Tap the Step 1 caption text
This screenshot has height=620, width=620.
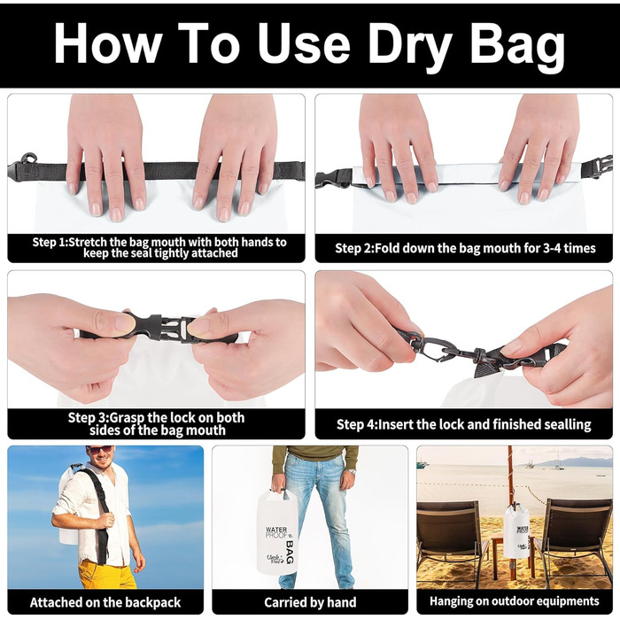159,247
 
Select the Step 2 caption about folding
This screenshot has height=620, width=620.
465,248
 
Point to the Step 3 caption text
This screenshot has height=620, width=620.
157,423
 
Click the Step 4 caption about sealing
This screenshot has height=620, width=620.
463,424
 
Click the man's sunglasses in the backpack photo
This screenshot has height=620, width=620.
99,450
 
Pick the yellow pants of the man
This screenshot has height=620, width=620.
107,575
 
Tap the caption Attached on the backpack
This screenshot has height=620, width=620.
105,602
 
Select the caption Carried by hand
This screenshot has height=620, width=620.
310,602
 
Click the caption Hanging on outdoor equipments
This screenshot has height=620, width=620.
515,601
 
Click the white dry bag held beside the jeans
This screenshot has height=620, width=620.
276,531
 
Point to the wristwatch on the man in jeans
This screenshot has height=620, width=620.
352,471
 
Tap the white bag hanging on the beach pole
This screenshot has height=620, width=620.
516,531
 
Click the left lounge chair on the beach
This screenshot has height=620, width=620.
452,542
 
